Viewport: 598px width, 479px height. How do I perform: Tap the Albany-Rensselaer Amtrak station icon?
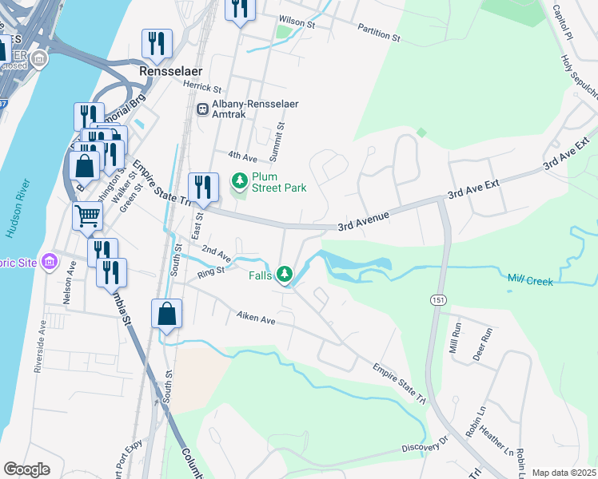tap(203, 109)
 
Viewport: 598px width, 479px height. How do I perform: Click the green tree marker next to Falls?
tap(285, 275)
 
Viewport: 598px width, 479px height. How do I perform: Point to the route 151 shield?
tap(442, 299)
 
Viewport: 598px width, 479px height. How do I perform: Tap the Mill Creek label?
tap(530, 279)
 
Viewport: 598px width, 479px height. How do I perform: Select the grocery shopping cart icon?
tap(87, 215)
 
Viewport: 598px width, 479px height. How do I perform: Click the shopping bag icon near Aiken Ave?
tap(166, 313)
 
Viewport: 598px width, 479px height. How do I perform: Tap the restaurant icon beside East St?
tap(203, 188)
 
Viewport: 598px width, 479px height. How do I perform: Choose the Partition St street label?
tap(379, 36)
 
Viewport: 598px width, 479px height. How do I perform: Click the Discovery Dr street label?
tap(422, 448)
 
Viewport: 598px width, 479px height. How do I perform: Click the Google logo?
tap(26, 469)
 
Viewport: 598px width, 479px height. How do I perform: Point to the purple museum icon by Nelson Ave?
tap(50, 261)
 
